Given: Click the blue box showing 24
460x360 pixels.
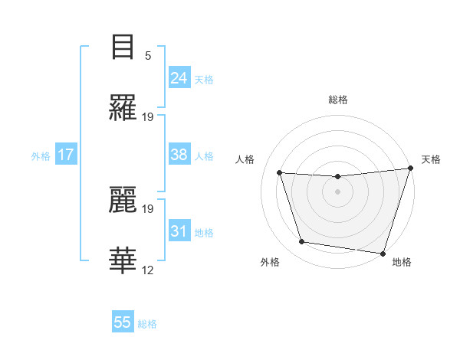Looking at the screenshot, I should click(179, 78).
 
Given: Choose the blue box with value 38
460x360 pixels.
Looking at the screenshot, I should click(179, 155).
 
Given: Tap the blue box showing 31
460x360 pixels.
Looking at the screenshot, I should click(179, 231).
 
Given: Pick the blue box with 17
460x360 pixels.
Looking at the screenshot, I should click(66, 155).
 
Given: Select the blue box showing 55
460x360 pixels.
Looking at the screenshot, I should click(123, 322).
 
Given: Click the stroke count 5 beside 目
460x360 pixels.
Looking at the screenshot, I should click(148, 55).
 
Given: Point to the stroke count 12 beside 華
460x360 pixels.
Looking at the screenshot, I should click(148, 270).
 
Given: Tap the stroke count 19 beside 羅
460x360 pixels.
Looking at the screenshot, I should click(148, 117).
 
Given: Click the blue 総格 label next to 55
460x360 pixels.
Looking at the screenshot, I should click(147, 324).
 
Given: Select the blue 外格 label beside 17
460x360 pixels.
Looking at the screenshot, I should click(41, 155).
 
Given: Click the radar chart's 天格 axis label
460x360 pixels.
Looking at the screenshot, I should click(431, 159).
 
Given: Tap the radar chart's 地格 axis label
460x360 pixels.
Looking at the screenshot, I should click(402, 262).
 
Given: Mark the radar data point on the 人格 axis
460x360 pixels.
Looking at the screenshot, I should click(280, 173).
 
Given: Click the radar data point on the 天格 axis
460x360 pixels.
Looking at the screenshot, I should click(410, 169).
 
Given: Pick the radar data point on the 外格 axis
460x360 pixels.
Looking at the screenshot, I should click(302, 242).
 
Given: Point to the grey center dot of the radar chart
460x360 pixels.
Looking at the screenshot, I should click(337, 191).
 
